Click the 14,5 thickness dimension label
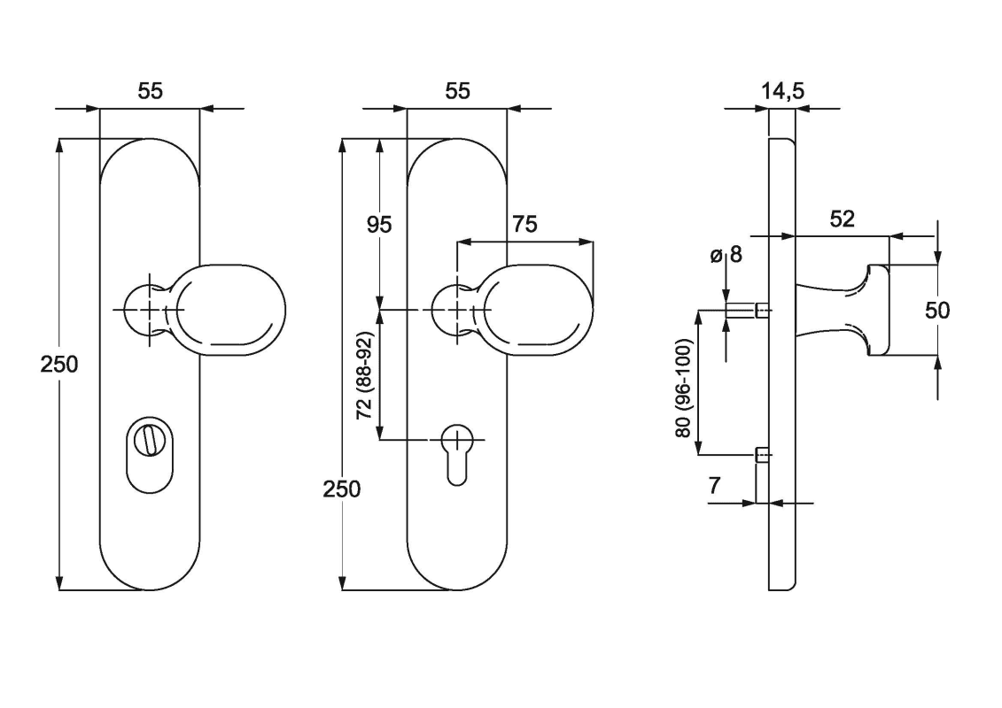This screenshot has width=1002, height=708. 782,90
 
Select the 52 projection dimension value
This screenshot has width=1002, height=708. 842,219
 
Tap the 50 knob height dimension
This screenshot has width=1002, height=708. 937,311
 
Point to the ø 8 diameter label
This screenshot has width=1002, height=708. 725,258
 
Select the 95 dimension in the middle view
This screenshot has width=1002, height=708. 379,224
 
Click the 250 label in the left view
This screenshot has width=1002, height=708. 59,364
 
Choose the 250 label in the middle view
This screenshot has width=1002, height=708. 342,489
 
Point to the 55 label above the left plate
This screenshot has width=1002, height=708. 150,90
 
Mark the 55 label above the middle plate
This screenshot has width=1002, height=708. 457,90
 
